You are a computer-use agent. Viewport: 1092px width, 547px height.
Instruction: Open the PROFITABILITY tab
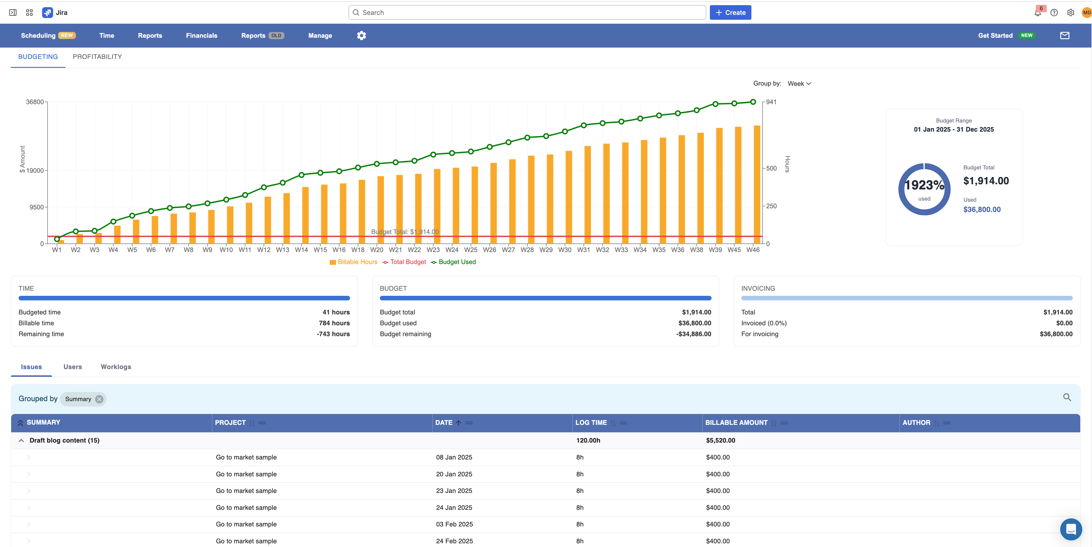[97, 57]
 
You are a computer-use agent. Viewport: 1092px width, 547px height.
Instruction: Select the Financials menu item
[201, 35]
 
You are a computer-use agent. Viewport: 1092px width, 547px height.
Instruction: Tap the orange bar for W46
[757, 184]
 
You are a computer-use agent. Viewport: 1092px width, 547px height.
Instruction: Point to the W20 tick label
[376, 250]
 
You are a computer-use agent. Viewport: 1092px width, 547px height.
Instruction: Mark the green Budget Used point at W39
[715, 104]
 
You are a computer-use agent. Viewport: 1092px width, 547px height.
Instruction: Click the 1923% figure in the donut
[924, 185]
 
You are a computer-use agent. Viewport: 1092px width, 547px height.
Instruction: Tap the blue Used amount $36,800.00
[982, 210]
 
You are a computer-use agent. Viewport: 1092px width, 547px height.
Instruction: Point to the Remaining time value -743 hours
[333, 334]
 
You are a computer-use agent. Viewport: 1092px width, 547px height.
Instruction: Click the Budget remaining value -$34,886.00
[694, 334]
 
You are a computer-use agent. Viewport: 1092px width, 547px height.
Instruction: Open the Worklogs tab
[116, 367]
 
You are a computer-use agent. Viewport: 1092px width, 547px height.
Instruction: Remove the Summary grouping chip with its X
[99, 399]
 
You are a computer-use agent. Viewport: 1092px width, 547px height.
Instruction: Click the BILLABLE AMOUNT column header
[736, 423]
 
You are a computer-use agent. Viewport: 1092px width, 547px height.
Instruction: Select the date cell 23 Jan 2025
[454, 491]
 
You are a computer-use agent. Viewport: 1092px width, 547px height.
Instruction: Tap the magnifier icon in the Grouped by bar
[1067, 397]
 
